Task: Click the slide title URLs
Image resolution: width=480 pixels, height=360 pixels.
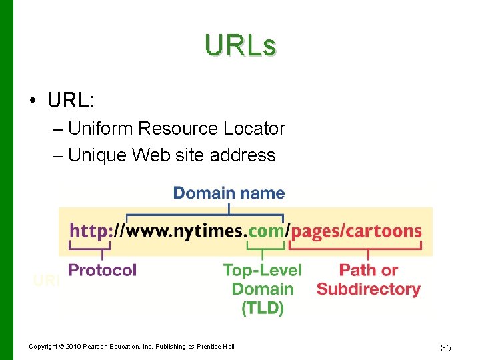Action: point(240,46)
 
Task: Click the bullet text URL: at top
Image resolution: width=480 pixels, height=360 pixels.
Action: point(71,100)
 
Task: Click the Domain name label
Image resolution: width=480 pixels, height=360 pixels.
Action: point(229,193)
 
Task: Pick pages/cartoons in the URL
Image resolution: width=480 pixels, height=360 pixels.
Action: point(357,231)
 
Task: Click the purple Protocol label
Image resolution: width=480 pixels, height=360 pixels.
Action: point(102,270)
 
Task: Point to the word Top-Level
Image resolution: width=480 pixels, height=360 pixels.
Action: point(262,270)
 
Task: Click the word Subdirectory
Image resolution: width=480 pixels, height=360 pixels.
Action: point(368,289)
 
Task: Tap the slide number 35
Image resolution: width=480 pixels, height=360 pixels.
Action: point(446,347)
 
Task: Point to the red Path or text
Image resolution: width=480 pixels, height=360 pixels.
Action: point(368,270)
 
